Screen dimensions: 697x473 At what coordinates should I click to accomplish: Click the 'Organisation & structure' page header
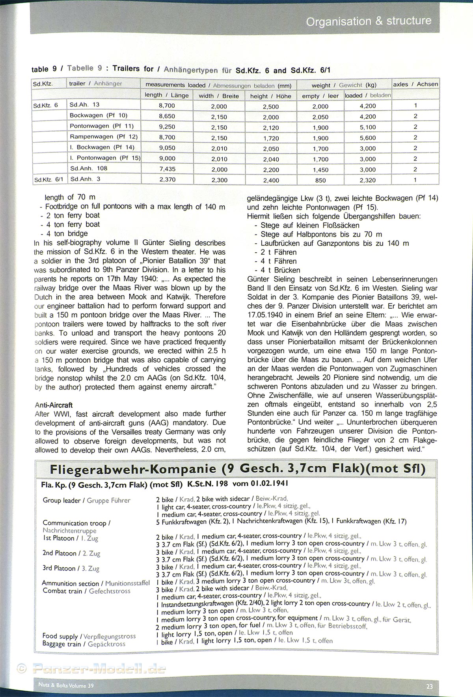(x=369, y=21)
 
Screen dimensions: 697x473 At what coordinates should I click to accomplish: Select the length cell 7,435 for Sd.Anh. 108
(x=167, y=169)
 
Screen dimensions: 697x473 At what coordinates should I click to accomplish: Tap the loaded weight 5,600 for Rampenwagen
(x=367, y=138)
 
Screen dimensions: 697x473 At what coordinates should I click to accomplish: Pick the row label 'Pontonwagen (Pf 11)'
(x=102, y=126)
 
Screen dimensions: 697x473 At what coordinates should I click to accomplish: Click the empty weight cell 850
(x=320, y=180)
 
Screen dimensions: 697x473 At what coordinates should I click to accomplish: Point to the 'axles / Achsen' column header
(x=415, y=84)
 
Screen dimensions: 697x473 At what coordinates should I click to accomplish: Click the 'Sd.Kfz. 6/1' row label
(x=48, y=180)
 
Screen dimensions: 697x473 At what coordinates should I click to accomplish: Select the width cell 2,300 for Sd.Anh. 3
(x=219, y=180)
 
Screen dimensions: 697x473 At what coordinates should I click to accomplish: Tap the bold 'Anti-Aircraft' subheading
(x=54, y=405)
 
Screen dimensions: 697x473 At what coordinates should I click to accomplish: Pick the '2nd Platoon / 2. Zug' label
(x=71, y=553)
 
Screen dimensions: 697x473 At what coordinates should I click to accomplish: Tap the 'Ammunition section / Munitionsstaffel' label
(x=96, y=583)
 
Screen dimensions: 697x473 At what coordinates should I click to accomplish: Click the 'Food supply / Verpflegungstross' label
(x=89, y=636)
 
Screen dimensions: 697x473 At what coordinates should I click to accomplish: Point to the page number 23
(x=429, y=686)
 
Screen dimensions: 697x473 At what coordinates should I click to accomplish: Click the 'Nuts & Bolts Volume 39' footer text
(x=66, y=685)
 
